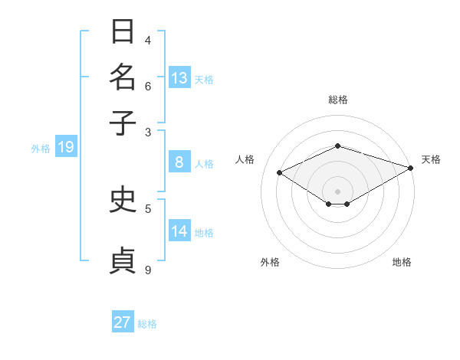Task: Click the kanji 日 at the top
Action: coord(123,32)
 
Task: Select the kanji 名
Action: coord(123,77)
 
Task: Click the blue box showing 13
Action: coord(179,78)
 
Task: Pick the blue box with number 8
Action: coord(179,162)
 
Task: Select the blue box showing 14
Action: coord(179,231)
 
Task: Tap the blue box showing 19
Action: coord(66,147)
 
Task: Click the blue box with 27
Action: coord(123,322)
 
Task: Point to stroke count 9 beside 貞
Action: coord(148,270)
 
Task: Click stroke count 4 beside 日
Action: coord(148,41)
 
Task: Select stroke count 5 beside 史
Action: coord(148,208)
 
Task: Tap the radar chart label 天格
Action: coord(431,159)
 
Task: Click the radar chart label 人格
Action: coord(245,159)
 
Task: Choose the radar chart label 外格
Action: coord(270,262)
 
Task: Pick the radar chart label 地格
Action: coord(402,262)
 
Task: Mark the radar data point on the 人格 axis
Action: coord(280,173)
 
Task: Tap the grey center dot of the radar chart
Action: coord(337,191)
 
